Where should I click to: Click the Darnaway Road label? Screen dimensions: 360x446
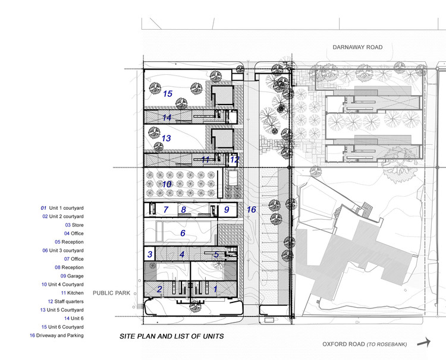coord(357,48)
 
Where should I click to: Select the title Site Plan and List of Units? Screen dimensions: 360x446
coord(172,336)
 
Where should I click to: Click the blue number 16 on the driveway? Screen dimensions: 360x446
coord(252,210)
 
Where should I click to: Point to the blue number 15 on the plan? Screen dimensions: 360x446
coord(168,94)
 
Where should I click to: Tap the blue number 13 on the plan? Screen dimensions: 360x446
coord(166,138)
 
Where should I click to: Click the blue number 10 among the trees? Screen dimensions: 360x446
coord(167,185)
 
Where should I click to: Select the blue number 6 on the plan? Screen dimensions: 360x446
coord(183,233)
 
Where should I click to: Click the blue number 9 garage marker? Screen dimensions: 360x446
coord(227,210)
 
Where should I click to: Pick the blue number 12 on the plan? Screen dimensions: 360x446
coord(234,159)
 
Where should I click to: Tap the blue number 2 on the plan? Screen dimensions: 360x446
coord(159,289)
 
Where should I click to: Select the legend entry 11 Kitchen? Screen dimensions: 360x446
coord(71,293)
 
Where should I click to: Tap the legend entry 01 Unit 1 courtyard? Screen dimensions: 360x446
coord(62,208)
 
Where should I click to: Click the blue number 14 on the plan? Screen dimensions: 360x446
coord(167,118)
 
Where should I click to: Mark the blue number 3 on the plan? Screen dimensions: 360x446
coord(150,255)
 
